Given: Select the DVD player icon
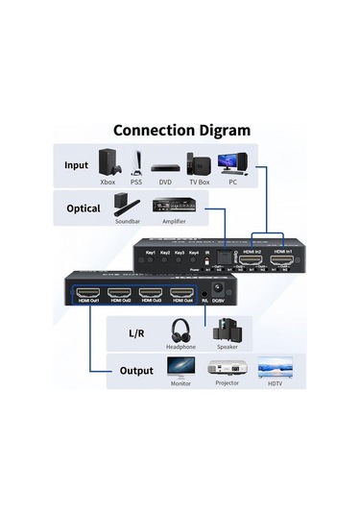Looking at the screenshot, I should point(166,164).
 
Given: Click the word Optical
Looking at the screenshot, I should point(84,207).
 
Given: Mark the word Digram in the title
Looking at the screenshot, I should point(215,130).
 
